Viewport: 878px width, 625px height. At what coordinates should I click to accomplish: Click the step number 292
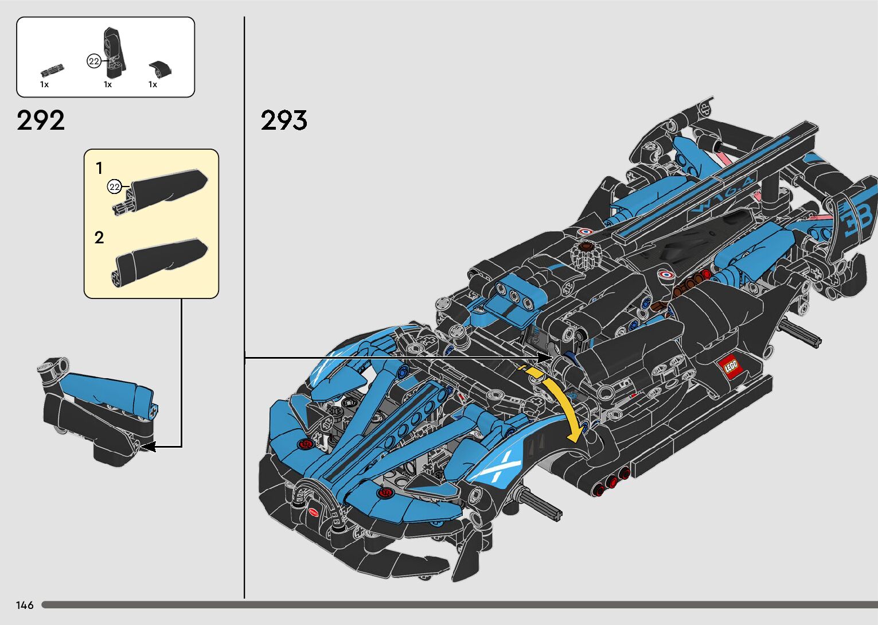(41, 121)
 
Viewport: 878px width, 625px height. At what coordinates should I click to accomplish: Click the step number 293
(284, 121)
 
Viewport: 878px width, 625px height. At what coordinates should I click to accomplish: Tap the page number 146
(25, 605)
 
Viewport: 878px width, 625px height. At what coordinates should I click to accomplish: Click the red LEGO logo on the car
(731, 366)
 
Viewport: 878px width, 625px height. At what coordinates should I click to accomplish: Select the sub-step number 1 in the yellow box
(99, 168)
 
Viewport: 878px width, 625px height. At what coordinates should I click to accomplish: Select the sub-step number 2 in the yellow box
(99, 238)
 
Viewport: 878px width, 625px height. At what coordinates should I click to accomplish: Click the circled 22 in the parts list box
(94, 61)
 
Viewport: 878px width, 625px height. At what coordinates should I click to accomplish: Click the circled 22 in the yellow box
(115, 187)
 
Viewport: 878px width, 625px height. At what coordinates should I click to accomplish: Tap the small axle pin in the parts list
(52, 71)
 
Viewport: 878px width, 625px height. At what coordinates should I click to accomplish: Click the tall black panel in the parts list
(113, 52)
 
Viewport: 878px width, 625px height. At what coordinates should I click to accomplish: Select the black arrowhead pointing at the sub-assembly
(148, 446)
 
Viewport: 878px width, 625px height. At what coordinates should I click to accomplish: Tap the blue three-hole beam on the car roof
(514, 292)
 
